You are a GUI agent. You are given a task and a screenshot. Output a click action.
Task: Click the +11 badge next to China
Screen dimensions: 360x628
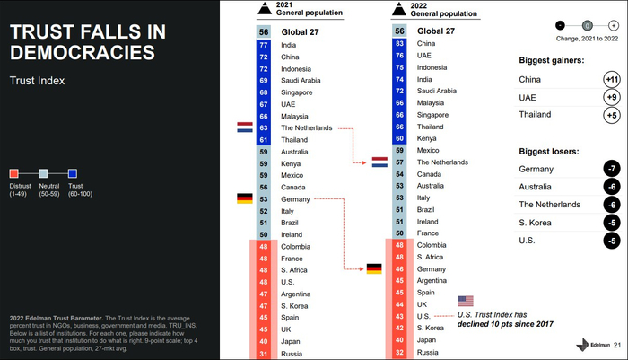click(610, 80)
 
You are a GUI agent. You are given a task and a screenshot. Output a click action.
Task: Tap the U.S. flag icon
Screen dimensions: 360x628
click(465, 302)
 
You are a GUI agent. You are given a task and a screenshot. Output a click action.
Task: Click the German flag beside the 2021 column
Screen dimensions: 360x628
click(243, 198)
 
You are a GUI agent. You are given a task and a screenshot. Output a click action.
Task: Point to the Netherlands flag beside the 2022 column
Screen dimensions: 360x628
click(379, 162)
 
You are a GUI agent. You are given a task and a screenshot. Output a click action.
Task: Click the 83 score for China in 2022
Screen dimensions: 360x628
click(399, 43)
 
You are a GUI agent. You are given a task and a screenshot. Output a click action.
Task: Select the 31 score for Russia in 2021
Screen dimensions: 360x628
click(263, 353)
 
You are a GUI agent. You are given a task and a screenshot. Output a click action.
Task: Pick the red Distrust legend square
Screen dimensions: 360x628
click(14, 173)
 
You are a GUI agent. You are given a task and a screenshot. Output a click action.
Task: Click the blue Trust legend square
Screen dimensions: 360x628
click(73, 173)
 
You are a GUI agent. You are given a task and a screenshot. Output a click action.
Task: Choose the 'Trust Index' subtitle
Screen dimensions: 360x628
click(35, 81)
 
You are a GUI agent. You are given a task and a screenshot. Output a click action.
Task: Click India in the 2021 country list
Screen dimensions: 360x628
click(289, 44)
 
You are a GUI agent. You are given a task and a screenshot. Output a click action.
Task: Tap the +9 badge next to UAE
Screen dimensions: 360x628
click(610, 97)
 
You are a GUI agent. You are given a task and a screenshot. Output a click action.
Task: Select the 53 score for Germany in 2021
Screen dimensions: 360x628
click(263, 198)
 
